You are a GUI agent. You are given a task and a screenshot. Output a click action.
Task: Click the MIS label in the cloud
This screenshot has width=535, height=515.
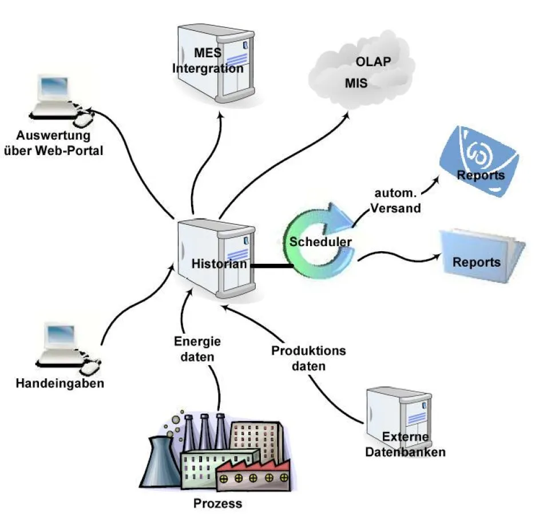click(x=355, y=83)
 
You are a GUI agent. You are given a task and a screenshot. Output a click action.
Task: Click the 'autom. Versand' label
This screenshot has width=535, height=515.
click(x=395, y=200)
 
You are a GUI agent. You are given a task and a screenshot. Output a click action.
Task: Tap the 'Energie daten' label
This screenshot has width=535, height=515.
click(x=197, y=347)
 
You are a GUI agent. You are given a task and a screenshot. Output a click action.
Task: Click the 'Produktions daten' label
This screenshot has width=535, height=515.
click(x=308, y=357)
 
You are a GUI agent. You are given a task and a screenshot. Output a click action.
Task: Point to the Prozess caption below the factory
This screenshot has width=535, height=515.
click(x=217, y=504)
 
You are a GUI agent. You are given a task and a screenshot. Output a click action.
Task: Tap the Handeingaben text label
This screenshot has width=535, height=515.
click(x=60, y=383)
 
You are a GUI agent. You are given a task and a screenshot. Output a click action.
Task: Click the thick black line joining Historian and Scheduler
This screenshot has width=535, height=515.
click(x=272, y=265)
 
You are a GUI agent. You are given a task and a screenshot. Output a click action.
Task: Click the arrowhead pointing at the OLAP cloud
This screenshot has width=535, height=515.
click(x=348, y=114)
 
